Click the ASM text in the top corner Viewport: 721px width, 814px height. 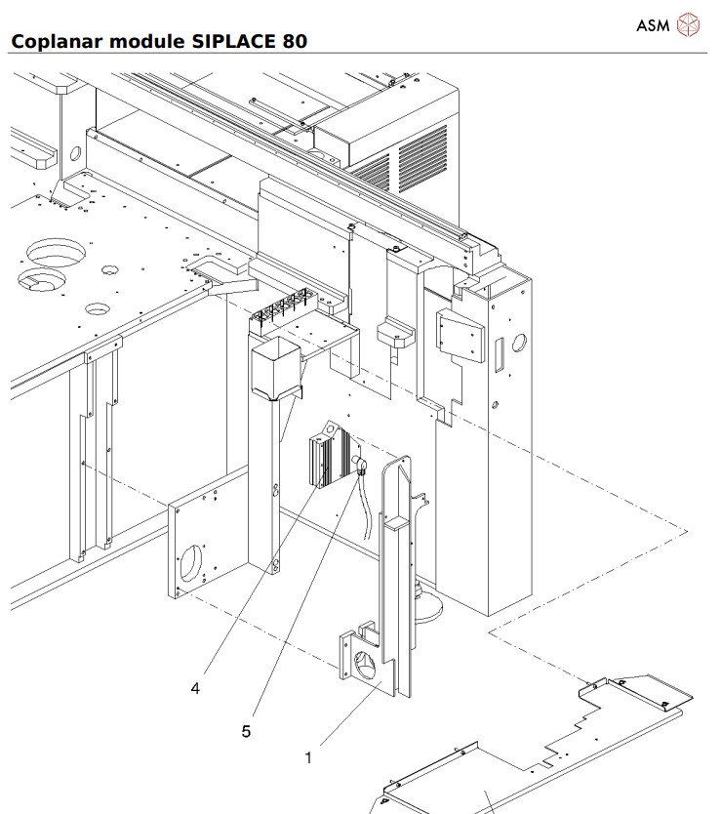point(653,24)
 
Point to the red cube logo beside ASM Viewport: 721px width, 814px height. point(689,24)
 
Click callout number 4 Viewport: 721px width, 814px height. point(195,688)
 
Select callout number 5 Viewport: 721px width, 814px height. point(247,729)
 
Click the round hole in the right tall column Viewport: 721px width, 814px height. point(518,343)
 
